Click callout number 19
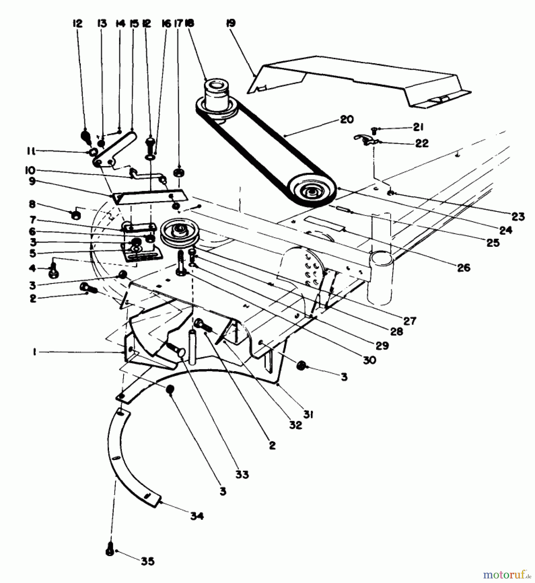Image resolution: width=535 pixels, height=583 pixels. [x=231, y=23]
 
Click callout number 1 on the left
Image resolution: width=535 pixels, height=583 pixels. [x=34, y=352]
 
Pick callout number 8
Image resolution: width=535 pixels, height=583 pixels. [x=32, y=204]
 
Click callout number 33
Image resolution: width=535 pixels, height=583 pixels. [x=242, y=474]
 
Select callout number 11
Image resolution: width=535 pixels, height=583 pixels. [x=32, y=151]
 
